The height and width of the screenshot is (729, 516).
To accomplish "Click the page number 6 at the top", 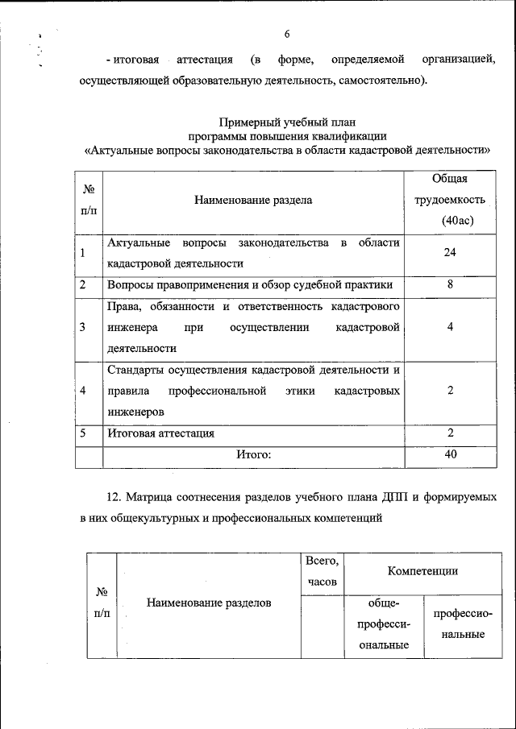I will tap(287, 34).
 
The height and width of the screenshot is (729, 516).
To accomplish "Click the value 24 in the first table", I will tap(451, 253).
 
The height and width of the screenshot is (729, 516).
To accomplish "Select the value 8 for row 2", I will tap(451, 284).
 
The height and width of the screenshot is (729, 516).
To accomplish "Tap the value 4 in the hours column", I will tap(451, 327).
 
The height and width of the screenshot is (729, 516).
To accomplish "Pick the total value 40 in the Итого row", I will tap(451, 454).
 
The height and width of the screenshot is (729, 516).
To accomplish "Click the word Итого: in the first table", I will tap(252, 455).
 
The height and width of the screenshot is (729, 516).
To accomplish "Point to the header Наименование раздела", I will tap(252, 200).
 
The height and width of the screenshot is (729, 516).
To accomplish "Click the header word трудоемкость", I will tap(450, 200).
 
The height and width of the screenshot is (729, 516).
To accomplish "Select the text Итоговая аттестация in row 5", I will tap(160, 433).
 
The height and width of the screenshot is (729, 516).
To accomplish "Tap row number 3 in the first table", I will tap(83, 327).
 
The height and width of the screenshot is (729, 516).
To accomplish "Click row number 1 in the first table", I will tap(83, 253).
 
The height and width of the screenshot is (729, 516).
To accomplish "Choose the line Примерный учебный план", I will tap(287, 122).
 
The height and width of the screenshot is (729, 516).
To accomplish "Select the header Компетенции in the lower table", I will tap(422, 571).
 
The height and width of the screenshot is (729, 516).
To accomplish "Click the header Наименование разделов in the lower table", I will tap(209, 603).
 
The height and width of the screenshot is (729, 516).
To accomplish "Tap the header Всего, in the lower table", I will tap(322, 561).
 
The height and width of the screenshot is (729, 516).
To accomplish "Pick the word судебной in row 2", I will tap(319, 284).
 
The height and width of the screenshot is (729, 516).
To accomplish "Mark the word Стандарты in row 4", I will tap(135, 370).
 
